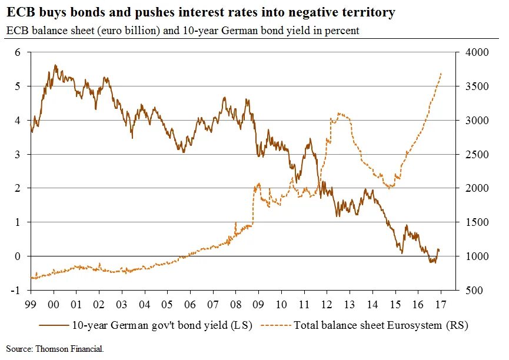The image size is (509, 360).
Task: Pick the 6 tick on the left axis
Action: [x=18, y=52]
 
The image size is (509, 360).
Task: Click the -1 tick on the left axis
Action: [x=16, y=291]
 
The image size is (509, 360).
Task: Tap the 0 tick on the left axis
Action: [x=18, y=256]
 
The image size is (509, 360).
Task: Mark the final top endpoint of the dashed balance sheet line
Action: [x=441, y=74]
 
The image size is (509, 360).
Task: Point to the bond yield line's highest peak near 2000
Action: [x=55, y=65]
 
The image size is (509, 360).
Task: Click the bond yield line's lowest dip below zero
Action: [x=433, y=262]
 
